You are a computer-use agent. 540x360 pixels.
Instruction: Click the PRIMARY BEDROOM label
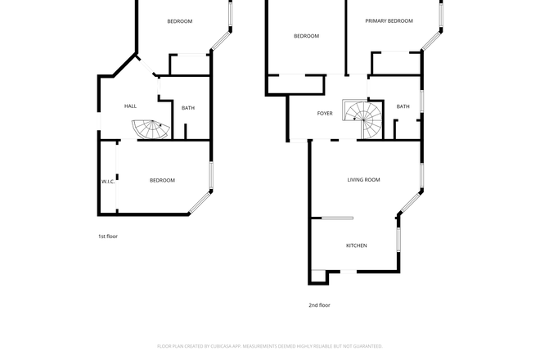389,21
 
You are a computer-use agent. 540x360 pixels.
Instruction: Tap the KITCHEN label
356,245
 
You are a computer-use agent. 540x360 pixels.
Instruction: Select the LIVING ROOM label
363,179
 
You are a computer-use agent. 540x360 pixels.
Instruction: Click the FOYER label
325,113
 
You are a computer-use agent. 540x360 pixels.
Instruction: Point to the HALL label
130,107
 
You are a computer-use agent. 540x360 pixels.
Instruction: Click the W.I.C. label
108,181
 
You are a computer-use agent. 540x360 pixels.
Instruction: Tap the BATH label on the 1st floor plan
188,108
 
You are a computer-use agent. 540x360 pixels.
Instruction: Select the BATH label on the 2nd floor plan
403,106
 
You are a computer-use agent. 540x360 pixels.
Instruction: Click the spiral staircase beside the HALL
150,129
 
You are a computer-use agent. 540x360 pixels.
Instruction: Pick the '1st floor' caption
107,236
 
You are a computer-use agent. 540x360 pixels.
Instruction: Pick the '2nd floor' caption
319,305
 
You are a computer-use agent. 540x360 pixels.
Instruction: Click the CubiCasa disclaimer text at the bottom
270,346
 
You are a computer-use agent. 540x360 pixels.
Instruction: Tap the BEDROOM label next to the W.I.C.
162,180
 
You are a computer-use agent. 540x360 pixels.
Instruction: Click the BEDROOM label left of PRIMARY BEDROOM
306,36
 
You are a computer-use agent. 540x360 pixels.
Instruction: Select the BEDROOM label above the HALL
180,21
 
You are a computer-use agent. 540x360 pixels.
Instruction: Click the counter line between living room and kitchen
336,218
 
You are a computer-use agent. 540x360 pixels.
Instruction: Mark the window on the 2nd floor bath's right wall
422,100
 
